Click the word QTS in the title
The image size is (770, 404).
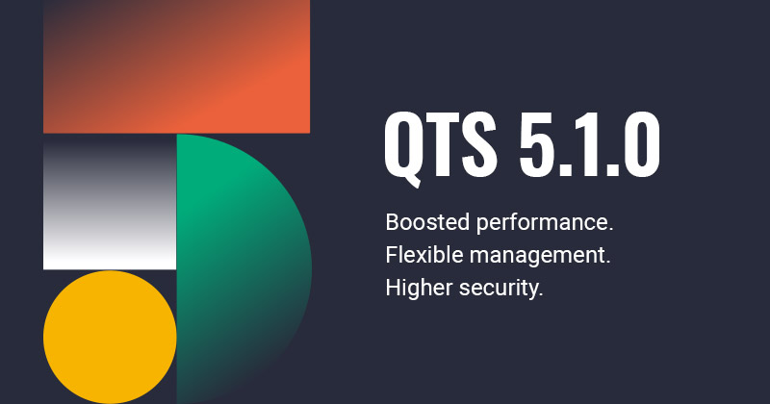pos(442,145)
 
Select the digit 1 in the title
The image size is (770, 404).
pos(596,145)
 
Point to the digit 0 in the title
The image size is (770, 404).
pos(641,145)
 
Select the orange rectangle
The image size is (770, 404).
pos(176,65)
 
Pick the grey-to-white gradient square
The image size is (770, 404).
pos(110,202)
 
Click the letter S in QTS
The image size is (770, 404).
pos(480,145)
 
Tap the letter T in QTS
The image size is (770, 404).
pos(444,145)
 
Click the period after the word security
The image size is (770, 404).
pos(541,294)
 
